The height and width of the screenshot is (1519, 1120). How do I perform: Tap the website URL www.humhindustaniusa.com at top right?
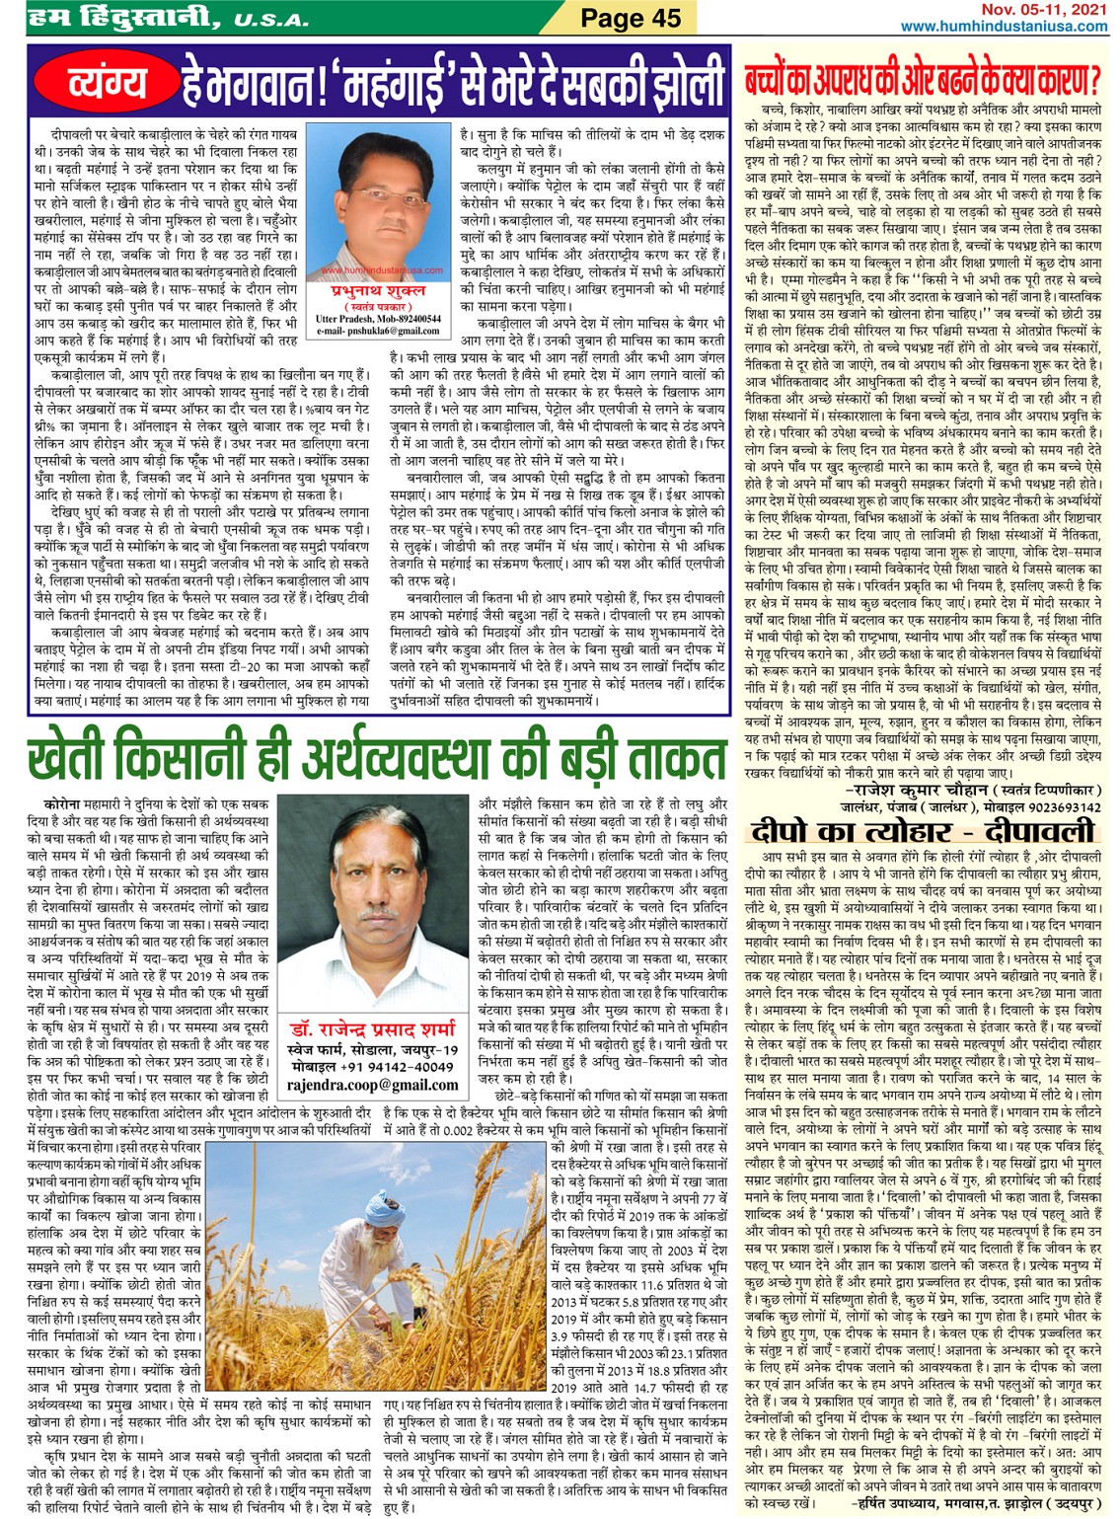1004,27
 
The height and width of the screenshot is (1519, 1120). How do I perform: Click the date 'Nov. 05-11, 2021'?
1044,9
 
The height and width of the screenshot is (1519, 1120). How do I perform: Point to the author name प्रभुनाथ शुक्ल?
379,293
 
